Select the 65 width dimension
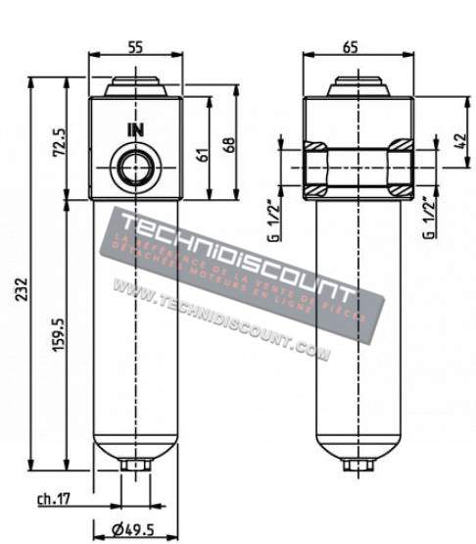[x=352, y=46]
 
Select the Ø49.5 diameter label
[x=135, y=531]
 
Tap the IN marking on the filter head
[x=134, y=129]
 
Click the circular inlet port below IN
[x=133, y=166]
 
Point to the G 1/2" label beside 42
[x=427, y=218]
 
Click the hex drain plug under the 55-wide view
[x=133, y=463]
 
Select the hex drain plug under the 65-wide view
[x=352, y=463]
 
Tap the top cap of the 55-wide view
[x=134, y=86]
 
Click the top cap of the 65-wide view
[x=352, y=86]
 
